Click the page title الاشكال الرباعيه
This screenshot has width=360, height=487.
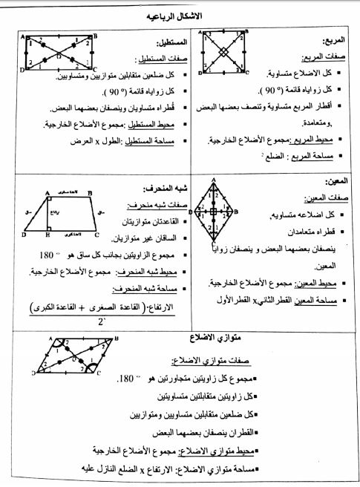[x=180, y=16]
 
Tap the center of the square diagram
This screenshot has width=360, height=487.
[x=223, y=53]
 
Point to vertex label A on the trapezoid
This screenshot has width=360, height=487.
[x=46, y=190]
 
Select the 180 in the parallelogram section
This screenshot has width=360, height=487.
[x=126, y=379]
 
